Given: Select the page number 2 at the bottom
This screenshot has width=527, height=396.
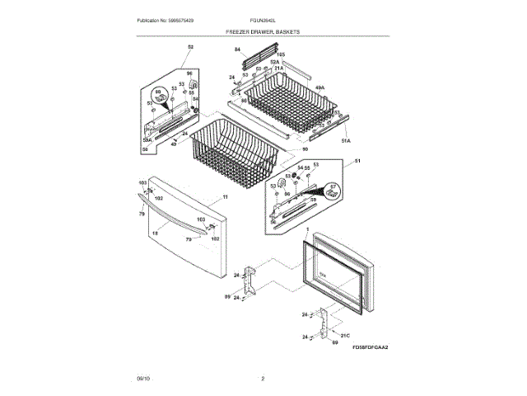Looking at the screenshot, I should click(x=263, y=378).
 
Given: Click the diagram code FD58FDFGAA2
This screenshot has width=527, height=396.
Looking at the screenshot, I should click(x=370, y=347).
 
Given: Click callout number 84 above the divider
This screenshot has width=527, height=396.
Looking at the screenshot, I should click(x=237, y=49).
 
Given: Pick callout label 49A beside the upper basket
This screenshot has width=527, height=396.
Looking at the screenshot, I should click(x=319, y=87).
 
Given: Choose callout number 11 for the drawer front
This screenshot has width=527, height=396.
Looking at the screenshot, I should click(x=225, y=198).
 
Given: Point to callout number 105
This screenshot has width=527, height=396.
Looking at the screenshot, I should click(x=280, y=54).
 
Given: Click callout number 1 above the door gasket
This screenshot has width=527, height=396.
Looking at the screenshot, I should click(x=306, y=229).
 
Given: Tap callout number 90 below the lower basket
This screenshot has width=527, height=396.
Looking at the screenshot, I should click(x=293, y=149).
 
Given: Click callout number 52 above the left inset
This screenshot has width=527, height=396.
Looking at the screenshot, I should click(x=191, y=46).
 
